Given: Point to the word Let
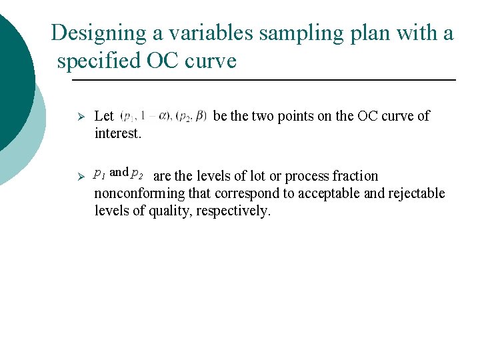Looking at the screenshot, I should point(104,116).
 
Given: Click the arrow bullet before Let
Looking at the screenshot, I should point(79,116).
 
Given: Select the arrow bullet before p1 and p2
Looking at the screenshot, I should point(79,177).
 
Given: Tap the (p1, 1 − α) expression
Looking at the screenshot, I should point(145,116).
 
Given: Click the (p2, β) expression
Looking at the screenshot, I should point(192,116).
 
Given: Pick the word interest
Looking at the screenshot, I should point(117,133).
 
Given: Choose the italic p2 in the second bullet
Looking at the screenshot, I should point(137,173).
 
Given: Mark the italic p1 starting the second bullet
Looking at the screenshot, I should point(100,173).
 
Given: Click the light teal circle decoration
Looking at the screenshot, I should point(30,140).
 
